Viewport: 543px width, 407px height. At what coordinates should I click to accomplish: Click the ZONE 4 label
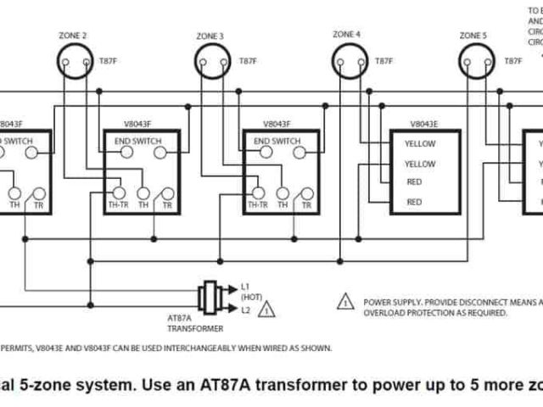click(346, 34)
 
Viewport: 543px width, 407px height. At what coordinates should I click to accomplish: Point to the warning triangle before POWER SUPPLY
click(346, 302)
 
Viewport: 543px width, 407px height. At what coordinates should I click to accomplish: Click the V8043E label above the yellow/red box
click(423, 122)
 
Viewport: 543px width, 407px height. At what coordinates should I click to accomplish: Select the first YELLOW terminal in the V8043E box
click(420, 144)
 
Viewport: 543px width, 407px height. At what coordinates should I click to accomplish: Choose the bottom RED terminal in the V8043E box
click(414, 202)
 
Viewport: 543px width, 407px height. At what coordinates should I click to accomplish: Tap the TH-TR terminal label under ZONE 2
click(118, 205)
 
